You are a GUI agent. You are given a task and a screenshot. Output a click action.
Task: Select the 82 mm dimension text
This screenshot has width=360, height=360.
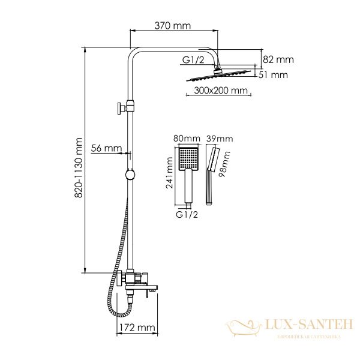click(278, 59)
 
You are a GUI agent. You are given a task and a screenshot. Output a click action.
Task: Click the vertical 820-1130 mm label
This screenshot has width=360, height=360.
click(77, 167)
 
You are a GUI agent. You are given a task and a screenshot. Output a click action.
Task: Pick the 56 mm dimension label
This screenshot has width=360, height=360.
click(107, 148)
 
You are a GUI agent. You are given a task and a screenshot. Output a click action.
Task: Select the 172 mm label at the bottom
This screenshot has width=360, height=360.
click(135, 328)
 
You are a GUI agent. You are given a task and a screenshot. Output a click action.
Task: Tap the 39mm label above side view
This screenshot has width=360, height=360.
click(218, 139)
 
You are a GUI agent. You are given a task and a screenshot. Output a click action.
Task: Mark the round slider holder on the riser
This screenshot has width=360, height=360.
click(130, 175)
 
